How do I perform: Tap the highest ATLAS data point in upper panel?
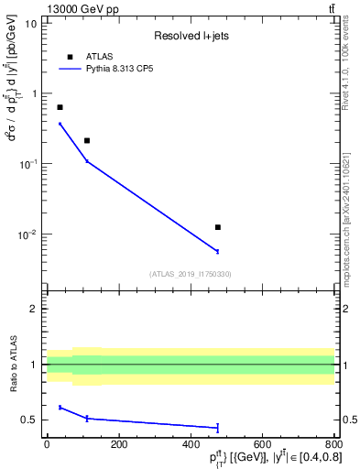60,107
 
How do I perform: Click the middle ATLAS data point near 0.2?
87,140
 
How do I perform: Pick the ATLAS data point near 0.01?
217,227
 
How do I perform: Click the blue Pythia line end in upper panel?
217,251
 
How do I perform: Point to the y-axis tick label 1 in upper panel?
34,93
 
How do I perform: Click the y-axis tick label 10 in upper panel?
31,23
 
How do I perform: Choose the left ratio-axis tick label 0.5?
28,420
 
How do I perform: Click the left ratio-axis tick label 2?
34,309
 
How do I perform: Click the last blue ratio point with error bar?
217,427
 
